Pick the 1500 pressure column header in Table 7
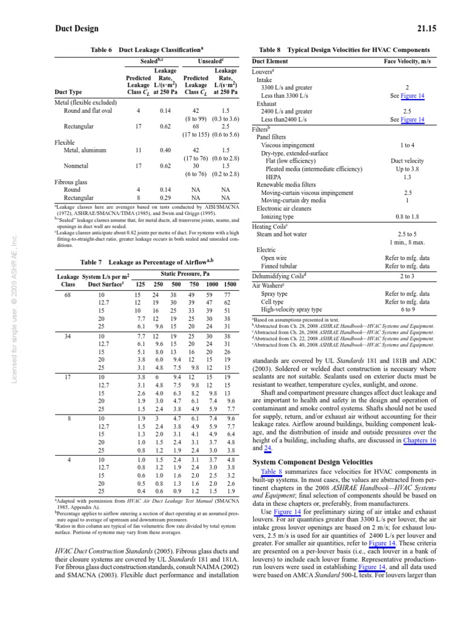pos(230,284)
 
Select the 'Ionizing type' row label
pos(277,216)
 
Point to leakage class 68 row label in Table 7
pos(68,294)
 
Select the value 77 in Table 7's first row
pos(227,294)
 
